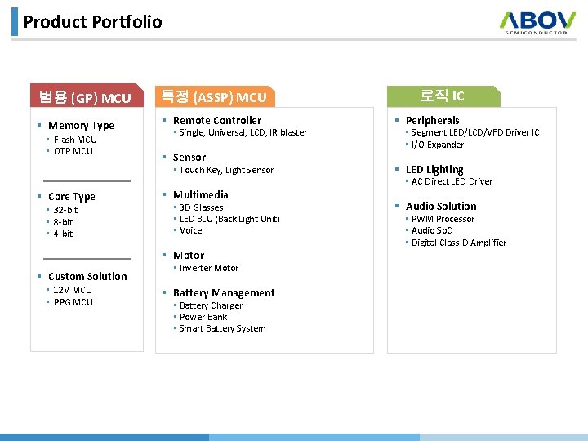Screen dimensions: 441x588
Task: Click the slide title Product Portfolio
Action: click(x=92, y=22)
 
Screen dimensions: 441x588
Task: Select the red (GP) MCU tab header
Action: click(x=85, y=98)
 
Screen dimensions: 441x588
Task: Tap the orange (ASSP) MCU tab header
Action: click(x=214, y=97)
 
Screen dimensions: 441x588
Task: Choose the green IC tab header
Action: click(x=442, y=96)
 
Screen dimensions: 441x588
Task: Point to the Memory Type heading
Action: click(x=81, y=126)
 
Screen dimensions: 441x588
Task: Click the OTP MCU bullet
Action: click(x=73, y=151)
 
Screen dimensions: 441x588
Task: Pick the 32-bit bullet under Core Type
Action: click(x=65, y=210)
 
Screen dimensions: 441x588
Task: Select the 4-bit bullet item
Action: click(x=63, y=234)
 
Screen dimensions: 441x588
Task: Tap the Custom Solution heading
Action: click(x=87, y=277)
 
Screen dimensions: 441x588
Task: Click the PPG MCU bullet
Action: click(x=73, y=302)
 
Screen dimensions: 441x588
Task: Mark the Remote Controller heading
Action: click(x=217, y=120)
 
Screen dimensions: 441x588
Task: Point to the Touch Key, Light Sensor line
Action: click(x=226, y=170)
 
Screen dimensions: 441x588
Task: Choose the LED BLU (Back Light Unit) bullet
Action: click(x=229, y=219)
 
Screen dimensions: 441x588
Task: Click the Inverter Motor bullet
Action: click(x=208, y=268)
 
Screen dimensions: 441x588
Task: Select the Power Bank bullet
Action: click(x=203, y=317)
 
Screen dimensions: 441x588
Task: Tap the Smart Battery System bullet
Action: click(x=222, y=328)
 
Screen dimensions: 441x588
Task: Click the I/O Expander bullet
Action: click(x=437, y=145)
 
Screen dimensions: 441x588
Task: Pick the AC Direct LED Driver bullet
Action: click(x=452, y=181)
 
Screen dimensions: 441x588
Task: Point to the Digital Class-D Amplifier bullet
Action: click(x=458, y=243)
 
